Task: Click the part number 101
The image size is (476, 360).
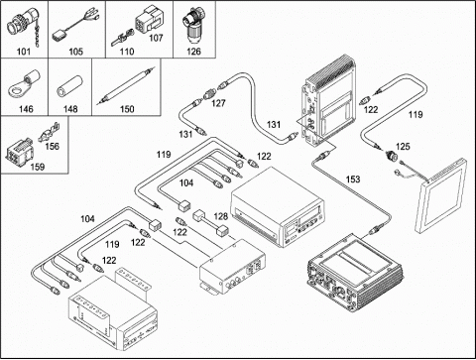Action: tap(24, 52)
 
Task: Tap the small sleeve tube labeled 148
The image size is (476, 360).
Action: tap(68, 87)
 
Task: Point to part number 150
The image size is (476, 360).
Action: tap(127, 109)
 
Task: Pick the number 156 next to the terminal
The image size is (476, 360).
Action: tap(52, 146)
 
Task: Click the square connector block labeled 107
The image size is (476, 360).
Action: tap(148, 19)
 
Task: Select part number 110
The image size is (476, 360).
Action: tap(127, 52)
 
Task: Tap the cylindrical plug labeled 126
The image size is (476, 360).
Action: tap(192, 26)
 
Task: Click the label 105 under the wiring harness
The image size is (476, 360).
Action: tap(75, 52)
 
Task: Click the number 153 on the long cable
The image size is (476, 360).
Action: tap(353, 180)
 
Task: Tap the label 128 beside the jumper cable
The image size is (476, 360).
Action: tap(221, 216)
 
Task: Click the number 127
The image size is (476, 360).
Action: tap(218, 103)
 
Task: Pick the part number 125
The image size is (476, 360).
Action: tap(403, 146)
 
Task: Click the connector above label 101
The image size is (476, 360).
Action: tap(23, 25)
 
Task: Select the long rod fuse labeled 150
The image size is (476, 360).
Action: tap(126, 85)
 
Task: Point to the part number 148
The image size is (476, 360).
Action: tap(70, 109)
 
